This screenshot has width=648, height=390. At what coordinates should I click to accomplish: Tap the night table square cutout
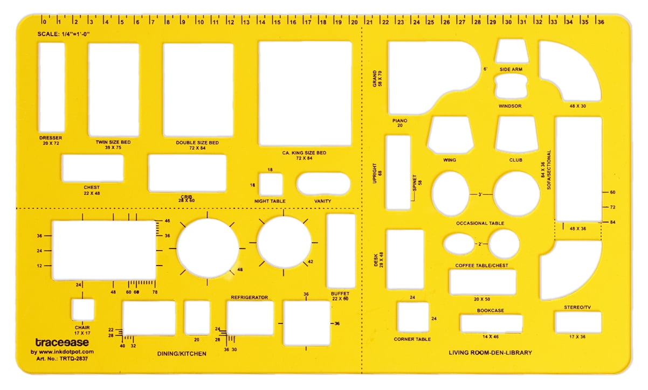coord(271,184)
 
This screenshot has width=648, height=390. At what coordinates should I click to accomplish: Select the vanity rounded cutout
coord(323,184)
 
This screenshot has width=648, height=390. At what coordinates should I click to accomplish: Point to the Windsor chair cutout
coord(510,87)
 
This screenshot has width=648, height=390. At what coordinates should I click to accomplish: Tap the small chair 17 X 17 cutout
coord(82,310)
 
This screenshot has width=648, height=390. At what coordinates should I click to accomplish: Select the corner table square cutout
coord(413,317)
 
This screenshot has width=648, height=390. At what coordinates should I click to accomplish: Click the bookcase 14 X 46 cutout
coord(491,323)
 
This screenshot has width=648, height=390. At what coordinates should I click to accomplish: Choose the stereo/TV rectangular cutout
coord(578,322)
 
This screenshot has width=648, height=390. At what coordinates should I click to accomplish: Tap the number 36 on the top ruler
coord(600,23)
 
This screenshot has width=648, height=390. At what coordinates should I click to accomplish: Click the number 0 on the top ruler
coord(44,23)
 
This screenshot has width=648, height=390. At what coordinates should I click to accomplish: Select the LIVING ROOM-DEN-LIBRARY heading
coord(490,353)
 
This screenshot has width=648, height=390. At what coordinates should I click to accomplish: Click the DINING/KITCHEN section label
coord(182,354)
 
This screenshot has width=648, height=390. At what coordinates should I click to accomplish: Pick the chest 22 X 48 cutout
coord(92,168)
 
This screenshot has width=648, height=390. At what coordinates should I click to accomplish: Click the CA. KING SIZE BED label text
coord(304,153)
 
